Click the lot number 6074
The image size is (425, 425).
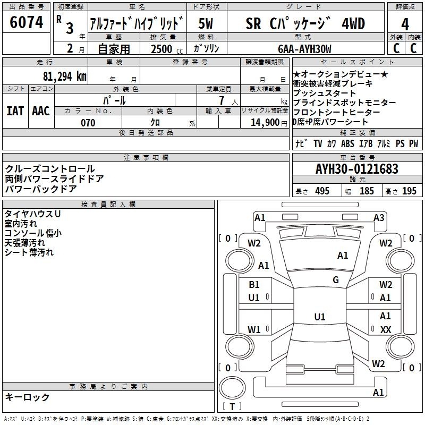(26, 22)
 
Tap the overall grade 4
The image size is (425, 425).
(405, 24)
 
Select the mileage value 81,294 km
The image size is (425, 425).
(64, 76)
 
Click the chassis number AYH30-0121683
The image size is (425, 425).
(357, 169)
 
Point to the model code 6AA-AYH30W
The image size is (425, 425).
(304, 49)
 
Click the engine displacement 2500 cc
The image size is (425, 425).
(167, 49)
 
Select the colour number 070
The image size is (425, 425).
(88, 123)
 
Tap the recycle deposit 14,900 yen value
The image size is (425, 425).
(269, 123)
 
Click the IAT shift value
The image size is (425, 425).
(15, 111)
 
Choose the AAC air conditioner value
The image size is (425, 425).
(41, 111)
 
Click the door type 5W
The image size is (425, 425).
(206, 23)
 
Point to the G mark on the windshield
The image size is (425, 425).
(336, 279)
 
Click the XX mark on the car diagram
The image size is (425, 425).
(386, 329)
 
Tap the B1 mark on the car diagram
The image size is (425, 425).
(254, 285)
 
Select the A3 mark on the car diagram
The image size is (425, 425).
(379, 218)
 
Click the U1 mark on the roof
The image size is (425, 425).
(320, 317)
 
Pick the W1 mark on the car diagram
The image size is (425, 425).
(254, 329)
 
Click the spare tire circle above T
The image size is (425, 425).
(232, 388)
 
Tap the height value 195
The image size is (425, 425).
(409, 191)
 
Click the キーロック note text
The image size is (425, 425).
(28, 397)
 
